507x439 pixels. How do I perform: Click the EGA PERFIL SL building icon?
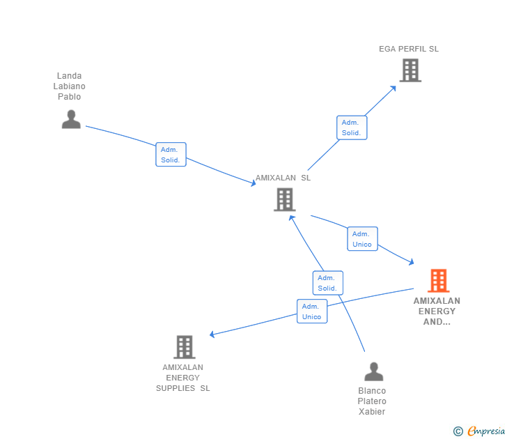[410, 70]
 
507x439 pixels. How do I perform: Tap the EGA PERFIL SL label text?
[409, 49]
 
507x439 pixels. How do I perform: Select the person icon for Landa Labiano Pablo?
[71, 119]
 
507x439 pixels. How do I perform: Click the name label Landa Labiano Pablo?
[70, 86]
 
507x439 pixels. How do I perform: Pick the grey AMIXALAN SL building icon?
[284, 200]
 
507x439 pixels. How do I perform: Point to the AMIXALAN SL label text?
[283, 178]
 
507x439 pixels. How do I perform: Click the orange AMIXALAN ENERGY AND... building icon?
[438, 281]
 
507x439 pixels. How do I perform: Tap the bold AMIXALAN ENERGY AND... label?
[437, 311]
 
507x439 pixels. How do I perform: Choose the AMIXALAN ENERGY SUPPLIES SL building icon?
[185, 346]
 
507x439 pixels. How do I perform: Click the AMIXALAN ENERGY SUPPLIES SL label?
[182, 378]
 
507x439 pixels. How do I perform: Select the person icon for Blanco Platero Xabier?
[374, 371]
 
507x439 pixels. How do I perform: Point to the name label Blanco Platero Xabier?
[372, 401]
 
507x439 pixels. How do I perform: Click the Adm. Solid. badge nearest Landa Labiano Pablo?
[171, 155]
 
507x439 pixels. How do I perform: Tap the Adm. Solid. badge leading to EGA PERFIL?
[351, 128]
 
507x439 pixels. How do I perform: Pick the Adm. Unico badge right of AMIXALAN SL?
[362, 239]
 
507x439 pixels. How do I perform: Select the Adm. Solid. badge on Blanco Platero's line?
[327, 283]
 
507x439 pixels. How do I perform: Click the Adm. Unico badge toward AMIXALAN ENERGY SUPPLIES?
[312, 311]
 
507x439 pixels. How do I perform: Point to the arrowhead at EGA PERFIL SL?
[393, 88]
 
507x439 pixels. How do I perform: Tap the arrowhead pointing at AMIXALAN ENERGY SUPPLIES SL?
[212, 335]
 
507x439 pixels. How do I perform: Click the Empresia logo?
[480, 431]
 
